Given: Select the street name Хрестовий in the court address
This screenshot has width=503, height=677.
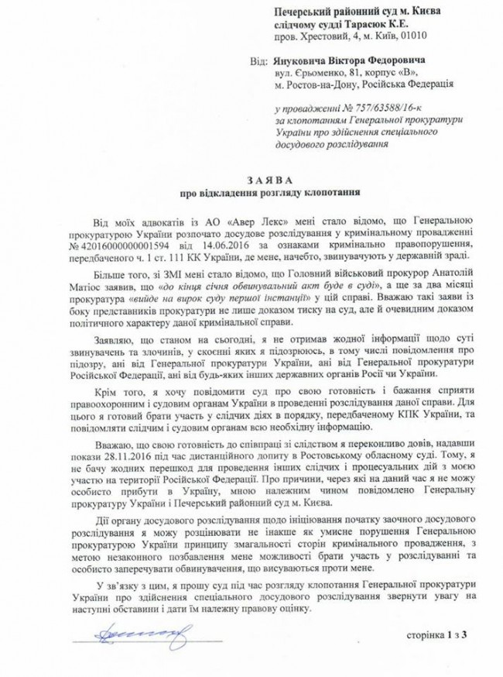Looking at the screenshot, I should [x=330, y=36].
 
